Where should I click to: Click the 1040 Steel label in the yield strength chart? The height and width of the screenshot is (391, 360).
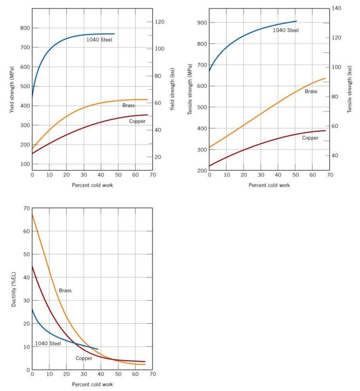click(99, 40)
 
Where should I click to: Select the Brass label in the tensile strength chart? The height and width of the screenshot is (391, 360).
click(311, 91)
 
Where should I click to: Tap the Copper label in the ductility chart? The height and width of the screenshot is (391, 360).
click(84, 358)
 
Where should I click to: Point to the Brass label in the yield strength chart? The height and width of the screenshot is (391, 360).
click(128, 105)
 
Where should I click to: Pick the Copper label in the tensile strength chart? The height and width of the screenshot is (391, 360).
click(310, 138)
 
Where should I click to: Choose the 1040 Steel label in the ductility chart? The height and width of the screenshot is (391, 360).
click(48, 343)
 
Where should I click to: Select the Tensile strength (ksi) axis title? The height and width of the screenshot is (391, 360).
click(350, 89)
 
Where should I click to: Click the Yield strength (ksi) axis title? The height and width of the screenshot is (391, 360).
click(172, 89)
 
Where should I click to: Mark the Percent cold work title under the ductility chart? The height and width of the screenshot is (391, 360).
click(92, 384)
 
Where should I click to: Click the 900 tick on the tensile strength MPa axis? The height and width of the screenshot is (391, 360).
click(201, 23)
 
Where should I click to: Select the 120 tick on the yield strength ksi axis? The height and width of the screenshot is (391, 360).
click(159, 22)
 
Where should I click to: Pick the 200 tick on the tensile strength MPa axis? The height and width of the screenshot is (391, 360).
click(201, 171)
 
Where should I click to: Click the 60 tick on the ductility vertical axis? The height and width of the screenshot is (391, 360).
click(26, 231)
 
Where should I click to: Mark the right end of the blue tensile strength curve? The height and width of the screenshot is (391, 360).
click(296, 21)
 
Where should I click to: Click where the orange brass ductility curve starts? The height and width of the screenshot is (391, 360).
click(32, 214)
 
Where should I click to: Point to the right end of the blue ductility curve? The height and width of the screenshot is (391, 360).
click(98, 349)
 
